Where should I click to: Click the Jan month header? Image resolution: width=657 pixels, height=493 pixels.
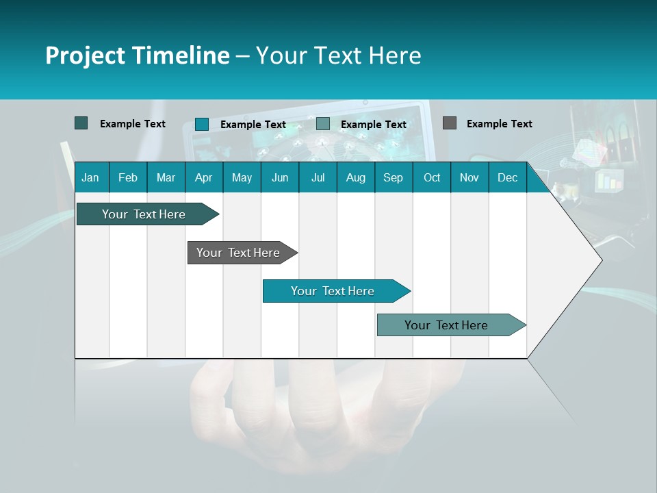(x=90, y=178)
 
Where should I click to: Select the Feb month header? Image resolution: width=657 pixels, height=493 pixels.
(x=128, y=178)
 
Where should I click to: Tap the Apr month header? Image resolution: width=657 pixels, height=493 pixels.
(x=203, y=178)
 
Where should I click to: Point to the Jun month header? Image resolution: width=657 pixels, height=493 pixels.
(x=280, y=178)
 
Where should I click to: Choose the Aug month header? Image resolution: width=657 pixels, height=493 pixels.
(x=355, y=178)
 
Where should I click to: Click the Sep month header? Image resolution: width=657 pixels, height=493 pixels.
(x=393, y=178)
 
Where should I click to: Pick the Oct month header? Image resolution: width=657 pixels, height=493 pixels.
(x=432, y=178)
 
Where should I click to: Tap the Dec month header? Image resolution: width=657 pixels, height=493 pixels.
(x=507, y=178)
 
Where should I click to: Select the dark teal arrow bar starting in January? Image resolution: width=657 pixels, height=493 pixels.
(x=144, y=214)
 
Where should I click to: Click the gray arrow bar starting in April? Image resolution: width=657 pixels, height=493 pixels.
(x=238, y=253)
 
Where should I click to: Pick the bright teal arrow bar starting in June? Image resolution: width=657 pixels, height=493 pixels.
(x=333, y=291)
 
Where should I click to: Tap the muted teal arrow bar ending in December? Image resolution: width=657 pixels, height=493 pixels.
(x=446, y=325)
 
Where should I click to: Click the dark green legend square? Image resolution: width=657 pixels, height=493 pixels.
(x=81, y=123)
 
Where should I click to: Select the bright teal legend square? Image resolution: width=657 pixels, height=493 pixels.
(x=201, y=124)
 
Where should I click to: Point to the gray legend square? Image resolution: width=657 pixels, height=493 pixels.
(x=449, y=123)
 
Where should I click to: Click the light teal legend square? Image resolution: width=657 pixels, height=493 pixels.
(x=322, y=124)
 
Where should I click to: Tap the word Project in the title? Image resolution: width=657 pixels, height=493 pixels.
(x=86, y=55)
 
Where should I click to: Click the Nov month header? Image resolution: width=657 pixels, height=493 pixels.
(x=469, y=178)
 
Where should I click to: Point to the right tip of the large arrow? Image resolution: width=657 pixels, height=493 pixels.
(x=600, y=260)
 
